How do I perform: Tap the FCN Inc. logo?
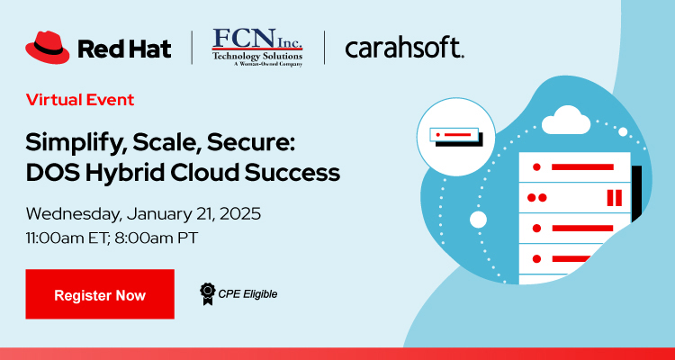pyautogui.click(x=256, y=47)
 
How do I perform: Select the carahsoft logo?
pyautogui.click(x=404, y=48)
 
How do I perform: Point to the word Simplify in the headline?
pyautogui.click(x=70, y=144)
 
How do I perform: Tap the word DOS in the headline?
pyautogui.click(x=52, y=173)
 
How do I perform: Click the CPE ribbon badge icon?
pyautogui.click(x=207, y=292)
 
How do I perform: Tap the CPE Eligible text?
pyautogui.click(x=247, y=293)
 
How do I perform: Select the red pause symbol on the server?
pyautogui.click(x=615, y=197)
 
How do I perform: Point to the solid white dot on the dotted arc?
pyautogui.click(x=479, y=219)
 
